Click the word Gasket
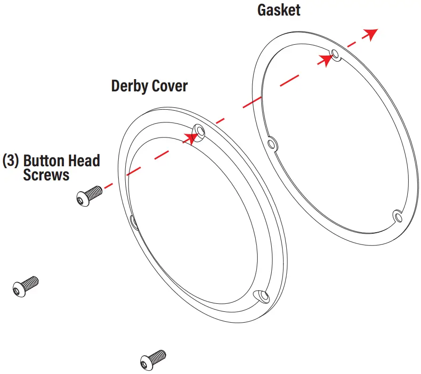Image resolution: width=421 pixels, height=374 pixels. click(279, 10)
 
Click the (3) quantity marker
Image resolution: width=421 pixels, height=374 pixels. click(11, 161)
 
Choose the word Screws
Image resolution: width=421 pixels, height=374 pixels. click(46, 175)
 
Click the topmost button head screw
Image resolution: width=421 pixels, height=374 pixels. click(89, 195)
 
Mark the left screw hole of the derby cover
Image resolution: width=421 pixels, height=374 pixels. click(133, 221)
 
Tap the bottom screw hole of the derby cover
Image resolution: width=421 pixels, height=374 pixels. click(263, 296)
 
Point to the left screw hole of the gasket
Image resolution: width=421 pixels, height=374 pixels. click(271, 143)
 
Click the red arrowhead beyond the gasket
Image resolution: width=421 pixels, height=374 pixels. click(371, 33)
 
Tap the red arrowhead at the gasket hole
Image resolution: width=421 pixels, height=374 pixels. click(326, 60)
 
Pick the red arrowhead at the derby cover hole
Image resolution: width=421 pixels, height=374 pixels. click(190, 137)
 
